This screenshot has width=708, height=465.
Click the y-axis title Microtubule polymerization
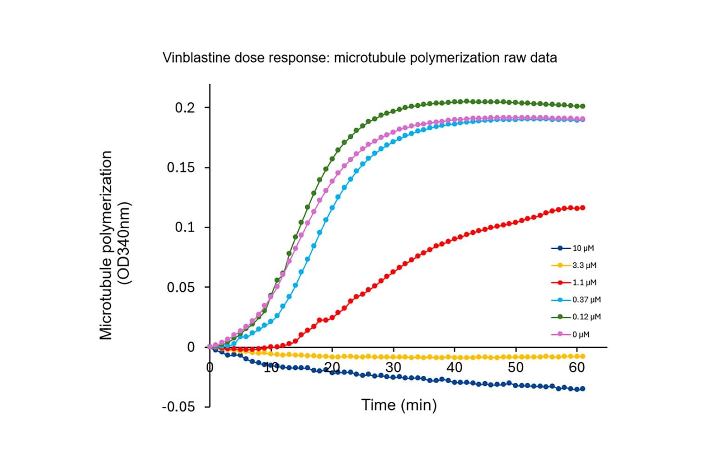[x=106, y=245]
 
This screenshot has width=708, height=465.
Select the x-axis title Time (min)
[x=399, y=405]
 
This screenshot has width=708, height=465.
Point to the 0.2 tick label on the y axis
[x=185, y=108]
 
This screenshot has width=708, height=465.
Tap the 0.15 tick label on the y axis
[x=181, y=168]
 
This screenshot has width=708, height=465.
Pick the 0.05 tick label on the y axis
[x=181, y=287]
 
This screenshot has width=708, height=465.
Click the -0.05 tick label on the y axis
[x=178, y=407]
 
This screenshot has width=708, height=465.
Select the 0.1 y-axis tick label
[x=185, y=228]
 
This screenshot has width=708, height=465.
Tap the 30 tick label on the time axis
[x=393, y=367]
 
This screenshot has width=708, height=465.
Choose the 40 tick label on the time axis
[x=454, y=367]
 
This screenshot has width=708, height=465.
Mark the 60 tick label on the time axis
[x=577, y=367]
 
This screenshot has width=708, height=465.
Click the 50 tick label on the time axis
[x=516, y=367]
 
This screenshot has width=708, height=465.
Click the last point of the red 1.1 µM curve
[x=583, y=208]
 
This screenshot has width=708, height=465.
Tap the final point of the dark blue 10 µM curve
[x=583, y=389]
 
